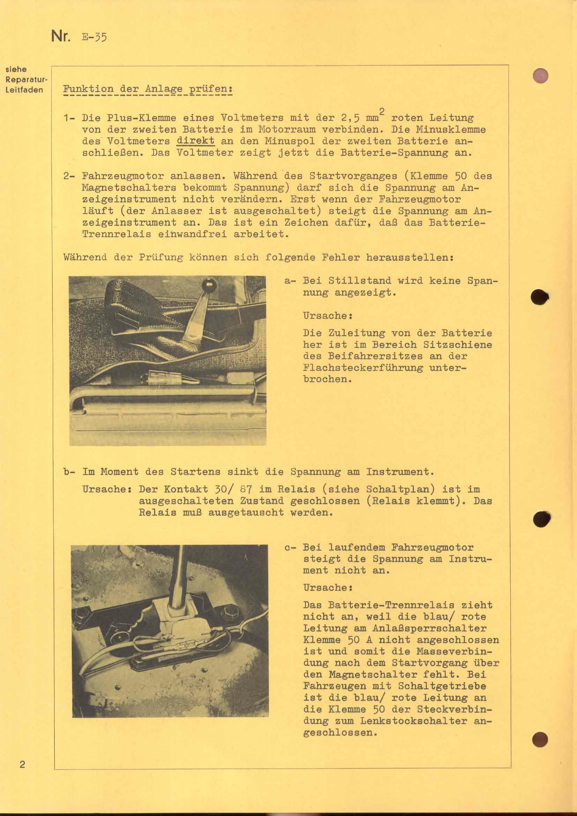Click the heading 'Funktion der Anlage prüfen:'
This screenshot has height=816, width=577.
pos(148,89)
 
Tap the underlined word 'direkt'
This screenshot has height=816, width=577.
pos(195,141)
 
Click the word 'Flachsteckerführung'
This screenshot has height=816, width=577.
pos(363,367)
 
